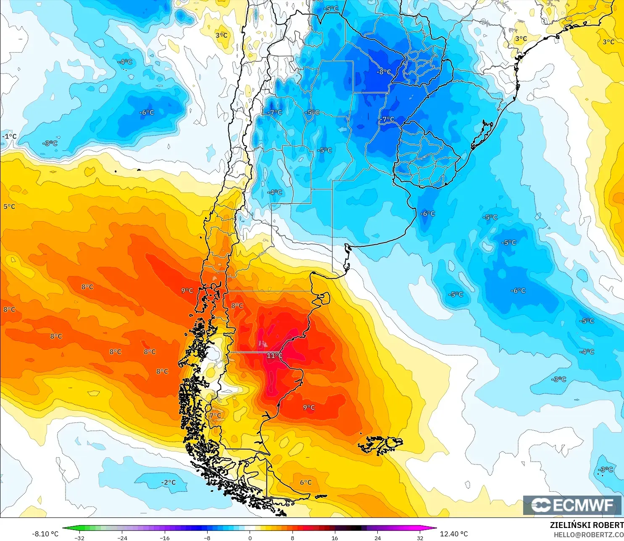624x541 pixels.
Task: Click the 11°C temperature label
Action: coord(274,356)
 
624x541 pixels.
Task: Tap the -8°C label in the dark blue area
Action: coord(383,72)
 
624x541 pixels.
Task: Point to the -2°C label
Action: coord(169,482)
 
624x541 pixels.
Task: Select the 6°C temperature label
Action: coord(306,482)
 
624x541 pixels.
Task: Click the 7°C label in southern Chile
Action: coord(215,415)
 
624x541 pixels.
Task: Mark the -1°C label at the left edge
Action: coord(9,136)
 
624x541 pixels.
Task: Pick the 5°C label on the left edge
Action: coord(9,206)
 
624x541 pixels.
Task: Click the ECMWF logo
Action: coord(572,505)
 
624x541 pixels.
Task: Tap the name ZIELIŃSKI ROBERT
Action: coord(587,525)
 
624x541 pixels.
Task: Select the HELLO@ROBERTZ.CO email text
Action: coord(588,535)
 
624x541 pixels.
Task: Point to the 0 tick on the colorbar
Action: coord(250,538)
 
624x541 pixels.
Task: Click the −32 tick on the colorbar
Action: coord(79,538)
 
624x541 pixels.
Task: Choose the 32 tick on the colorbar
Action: coord(420,538)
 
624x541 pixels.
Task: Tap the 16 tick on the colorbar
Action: coord(334,538)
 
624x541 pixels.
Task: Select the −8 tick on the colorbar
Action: coord(207,538)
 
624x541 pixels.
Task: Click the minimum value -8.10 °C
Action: coord(45,534)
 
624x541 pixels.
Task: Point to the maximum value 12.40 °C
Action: coord(454,534)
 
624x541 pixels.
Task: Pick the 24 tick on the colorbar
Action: coord(377,538)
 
